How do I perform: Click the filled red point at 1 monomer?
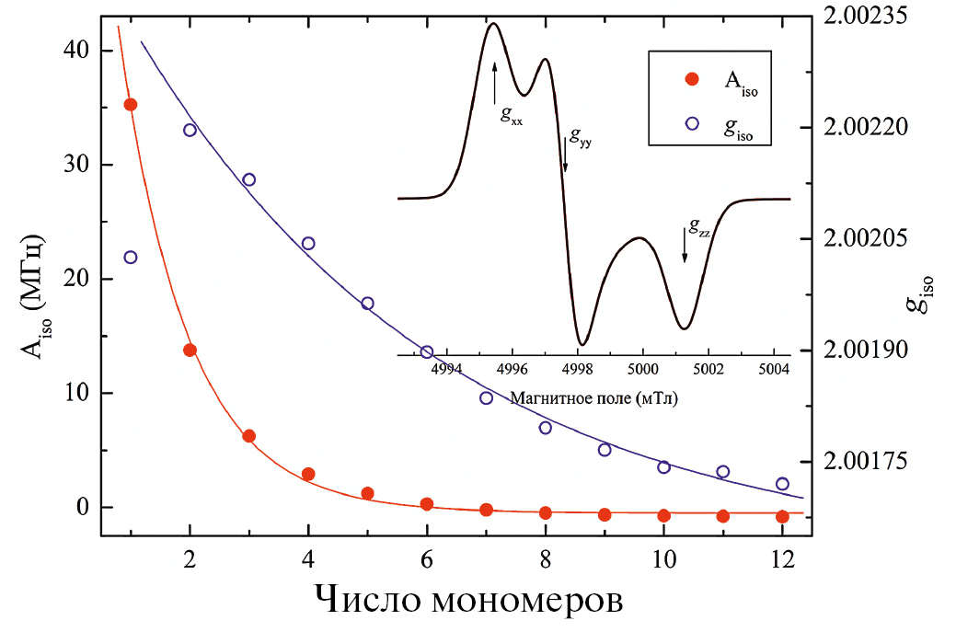click(131, 105)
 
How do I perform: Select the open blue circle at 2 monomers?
click(190, 130)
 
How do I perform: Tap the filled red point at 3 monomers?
click(248, 436)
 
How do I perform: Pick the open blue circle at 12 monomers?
click(782, 484)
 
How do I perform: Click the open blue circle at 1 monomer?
click(131, 257)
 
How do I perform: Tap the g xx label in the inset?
click(512, 116)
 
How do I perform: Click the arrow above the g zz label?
click(684, 244)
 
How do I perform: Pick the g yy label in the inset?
click(581, 138)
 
